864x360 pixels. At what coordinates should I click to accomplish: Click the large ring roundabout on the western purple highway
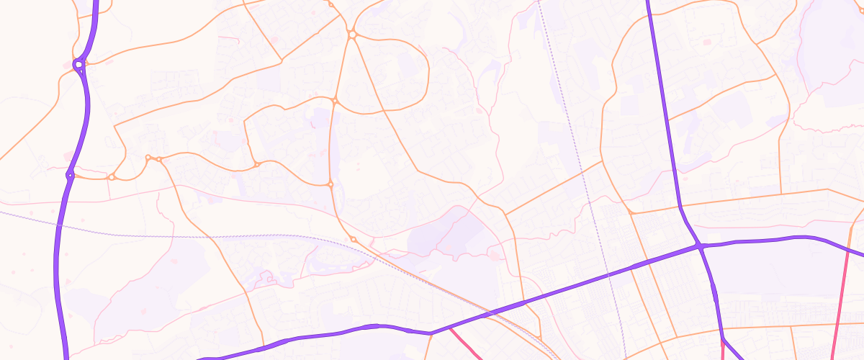pos(78,65)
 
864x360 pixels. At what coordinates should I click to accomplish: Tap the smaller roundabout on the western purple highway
pos(70,175)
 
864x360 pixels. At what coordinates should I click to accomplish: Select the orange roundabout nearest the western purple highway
pos(112,177)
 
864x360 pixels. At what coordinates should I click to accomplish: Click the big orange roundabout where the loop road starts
pos(353,34)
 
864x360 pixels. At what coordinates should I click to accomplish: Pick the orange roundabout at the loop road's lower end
pos(335,101)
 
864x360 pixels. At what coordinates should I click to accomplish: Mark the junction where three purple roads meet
pos(698,247)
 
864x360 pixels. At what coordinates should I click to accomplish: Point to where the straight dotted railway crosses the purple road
pos(608,274)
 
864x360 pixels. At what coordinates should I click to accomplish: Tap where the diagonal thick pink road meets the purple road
pos(451,328)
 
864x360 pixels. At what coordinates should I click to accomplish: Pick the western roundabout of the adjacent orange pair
pos(148,158)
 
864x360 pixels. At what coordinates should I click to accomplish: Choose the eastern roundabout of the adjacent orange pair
pos(159,158)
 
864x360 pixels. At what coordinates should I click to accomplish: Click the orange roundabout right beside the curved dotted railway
pos(353,239)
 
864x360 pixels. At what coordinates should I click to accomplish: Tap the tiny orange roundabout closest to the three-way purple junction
pos(631,212)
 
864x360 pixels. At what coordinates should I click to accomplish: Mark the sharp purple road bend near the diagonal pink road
pos(431,333)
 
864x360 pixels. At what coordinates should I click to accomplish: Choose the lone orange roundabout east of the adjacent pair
pos(256,165)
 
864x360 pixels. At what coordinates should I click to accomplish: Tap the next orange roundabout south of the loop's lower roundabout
pos(330,185)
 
